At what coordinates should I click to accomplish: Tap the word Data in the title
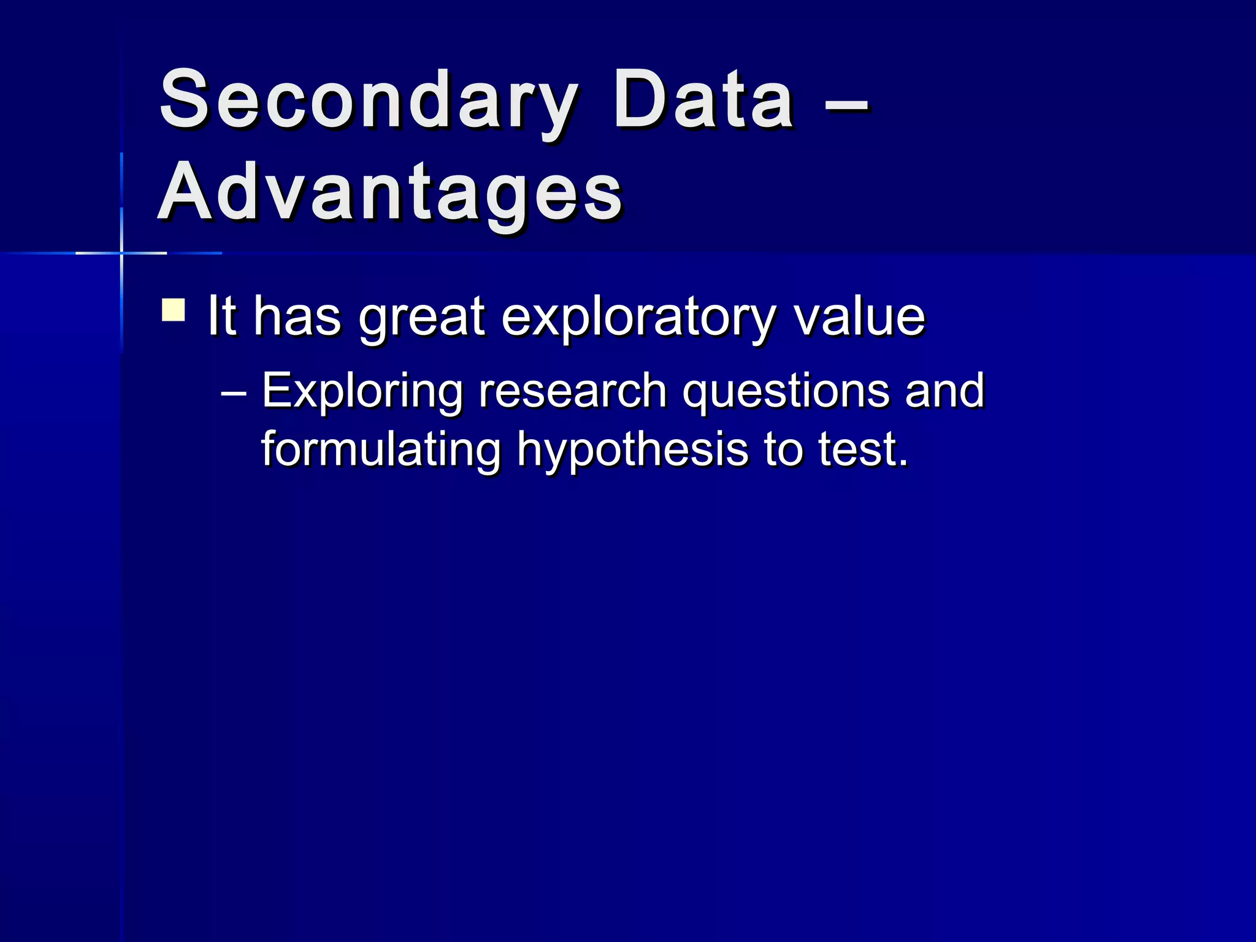[x=703, y=101]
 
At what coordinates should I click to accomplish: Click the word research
[x=572, y=391]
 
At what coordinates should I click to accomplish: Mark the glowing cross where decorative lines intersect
[x=121, y=253]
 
